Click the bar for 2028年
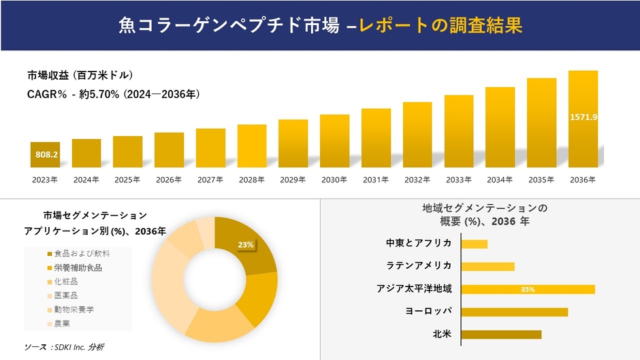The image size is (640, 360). tap(252, 146)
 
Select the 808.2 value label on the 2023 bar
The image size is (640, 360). tap(46, 155)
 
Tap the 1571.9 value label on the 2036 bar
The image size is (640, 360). tap(583, 117)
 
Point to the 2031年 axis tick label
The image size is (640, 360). tap(376, 180)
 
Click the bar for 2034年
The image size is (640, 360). tap(500, 127)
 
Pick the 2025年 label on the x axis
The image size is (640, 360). tap(127, 180)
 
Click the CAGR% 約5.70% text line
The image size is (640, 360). tap(113, 94)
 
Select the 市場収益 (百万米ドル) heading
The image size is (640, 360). tap(80, 75)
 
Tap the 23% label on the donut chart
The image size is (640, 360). tap(246, 244)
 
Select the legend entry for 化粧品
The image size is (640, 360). tap(66, 281)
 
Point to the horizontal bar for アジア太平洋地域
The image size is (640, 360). tap(528, 289)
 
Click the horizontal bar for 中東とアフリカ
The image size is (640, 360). tap(475, 244)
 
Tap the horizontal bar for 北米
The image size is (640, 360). tap(501, 334)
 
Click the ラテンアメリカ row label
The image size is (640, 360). tap(419, 266)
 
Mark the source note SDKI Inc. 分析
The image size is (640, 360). tap(64, 347)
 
